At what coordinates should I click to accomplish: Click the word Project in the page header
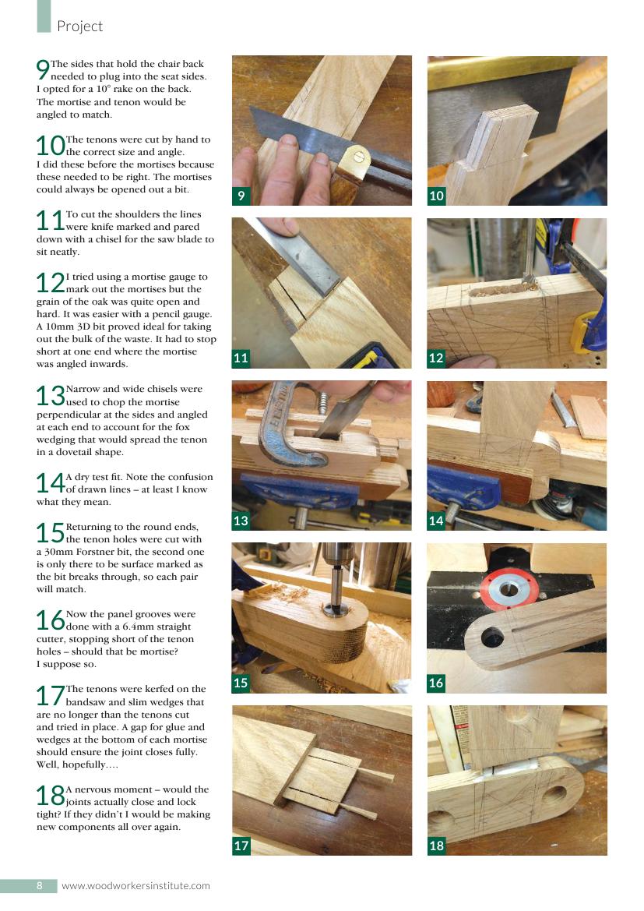79,26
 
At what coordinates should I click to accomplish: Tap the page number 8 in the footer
40,885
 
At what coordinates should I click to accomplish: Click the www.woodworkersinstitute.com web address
135,886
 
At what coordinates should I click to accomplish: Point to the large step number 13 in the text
51,396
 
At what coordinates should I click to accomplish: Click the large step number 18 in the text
51,796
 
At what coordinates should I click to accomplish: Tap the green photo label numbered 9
241,196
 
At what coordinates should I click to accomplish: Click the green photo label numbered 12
436,358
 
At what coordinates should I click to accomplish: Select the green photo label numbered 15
241,683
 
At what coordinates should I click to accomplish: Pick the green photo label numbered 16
436,683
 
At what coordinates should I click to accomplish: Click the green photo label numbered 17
241,846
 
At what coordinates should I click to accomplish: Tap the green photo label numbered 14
436,521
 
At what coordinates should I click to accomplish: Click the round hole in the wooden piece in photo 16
492,637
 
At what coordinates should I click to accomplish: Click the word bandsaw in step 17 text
86,702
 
